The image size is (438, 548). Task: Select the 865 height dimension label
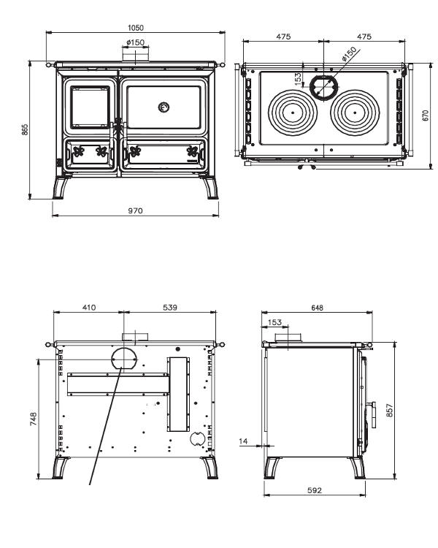(26, 129)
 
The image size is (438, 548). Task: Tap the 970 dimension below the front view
(136, 210)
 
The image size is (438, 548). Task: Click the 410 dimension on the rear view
(89, 308)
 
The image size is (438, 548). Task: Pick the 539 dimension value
(169, 308)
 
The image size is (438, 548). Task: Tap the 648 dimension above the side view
(318, 308)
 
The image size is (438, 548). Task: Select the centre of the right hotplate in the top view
(356, 113)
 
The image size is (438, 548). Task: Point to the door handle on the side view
(371, 416)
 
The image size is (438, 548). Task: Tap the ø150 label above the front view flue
(135, 43)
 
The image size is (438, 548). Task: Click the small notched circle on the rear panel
(197, 439)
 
